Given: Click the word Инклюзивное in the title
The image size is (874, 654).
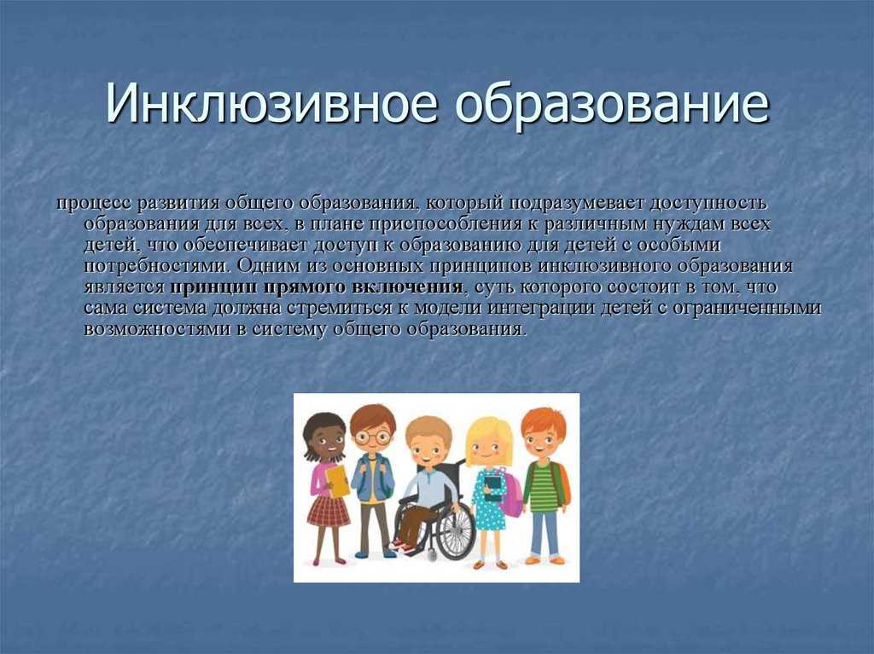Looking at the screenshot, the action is point(270,104).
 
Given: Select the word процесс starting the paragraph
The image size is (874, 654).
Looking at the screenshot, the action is point(94,204).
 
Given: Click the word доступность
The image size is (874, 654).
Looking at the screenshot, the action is point(708,204).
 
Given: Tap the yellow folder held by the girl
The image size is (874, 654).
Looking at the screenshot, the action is point(337,481).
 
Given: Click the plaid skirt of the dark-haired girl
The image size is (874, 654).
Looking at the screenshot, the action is point(329,512).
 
